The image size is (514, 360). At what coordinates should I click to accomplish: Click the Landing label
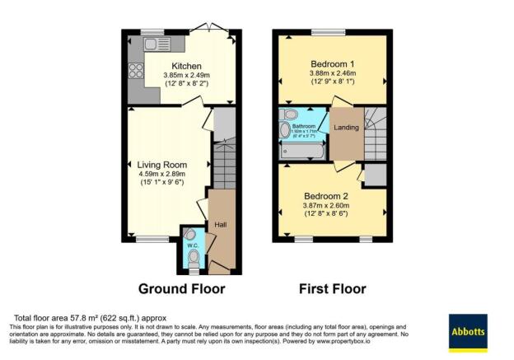click(x=345, y=127)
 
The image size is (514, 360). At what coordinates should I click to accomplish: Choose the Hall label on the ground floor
click(x=221, y=224)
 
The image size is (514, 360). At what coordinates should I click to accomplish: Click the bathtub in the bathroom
click(x=303, y=150)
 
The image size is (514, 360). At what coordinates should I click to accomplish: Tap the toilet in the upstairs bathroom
click(x=289, y=115)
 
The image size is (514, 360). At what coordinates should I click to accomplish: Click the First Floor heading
click(x=333, y=289)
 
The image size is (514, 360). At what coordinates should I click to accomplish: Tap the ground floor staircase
click(x=222, y=165)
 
